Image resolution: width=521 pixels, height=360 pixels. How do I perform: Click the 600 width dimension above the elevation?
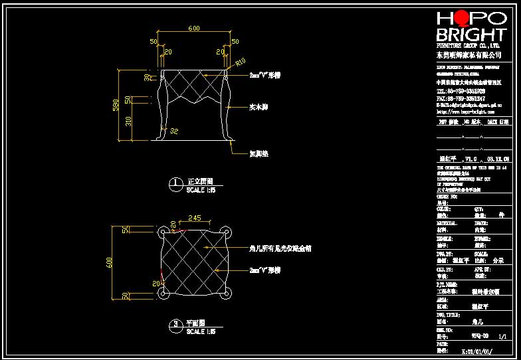coord(194,29)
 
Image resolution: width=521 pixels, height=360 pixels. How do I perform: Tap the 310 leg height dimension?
coord(128,121)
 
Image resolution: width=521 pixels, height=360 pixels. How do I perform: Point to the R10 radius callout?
coord(241,63)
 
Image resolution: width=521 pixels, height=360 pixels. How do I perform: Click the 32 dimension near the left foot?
coord(174,131)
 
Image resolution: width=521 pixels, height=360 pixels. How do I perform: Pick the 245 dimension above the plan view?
coord(195,217)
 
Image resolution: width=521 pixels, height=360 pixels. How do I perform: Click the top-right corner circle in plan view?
coord(227,232)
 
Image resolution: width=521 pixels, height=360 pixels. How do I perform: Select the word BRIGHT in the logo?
coord(470,35)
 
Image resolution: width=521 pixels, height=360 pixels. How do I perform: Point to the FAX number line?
coord(461,98)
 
